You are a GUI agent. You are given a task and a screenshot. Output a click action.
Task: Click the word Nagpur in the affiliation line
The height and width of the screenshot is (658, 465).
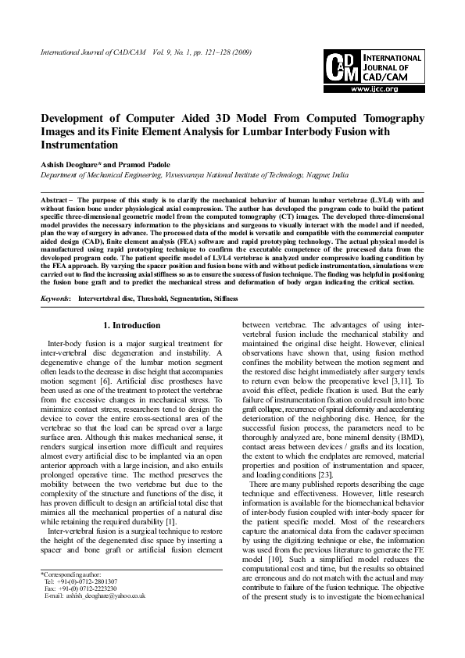click(312, 177)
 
